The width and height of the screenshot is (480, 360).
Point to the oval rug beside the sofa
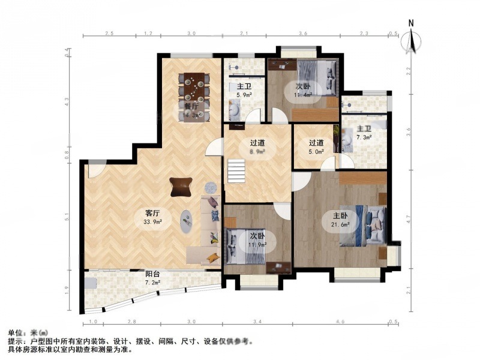[188, 220]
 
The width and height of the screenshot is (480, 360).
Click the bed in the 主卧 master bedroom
[363, 226]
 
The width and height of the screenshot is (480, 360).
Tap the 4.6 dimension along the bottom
[339, 322]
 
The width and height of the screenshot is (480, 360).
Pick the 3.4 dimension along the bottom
[257, 322]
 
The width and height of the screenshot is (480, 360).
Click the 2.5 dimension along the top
[109, 33]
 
